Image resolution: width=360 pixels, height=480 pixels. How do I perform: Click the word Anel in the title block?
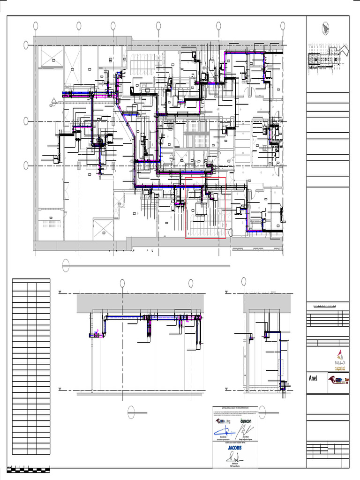314,378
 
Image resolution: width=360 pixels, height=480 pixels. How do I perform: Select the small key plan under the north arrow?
328,58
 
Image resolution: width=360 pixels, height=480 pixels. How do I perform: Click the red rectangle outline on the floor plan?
205,208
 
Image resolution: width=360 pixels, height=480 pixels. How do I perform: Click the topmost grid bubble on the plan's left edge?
26,45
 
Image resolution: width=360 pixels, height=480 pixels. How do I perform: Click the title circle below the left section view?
131,412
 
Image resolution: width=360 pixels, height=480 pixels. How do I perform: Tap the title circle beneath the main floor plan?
66,265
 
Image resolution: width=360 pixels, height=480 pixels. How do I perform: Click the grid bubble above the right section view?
244,281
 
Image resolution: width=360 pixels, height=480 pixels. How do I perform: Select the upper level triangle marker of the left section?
60,293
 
